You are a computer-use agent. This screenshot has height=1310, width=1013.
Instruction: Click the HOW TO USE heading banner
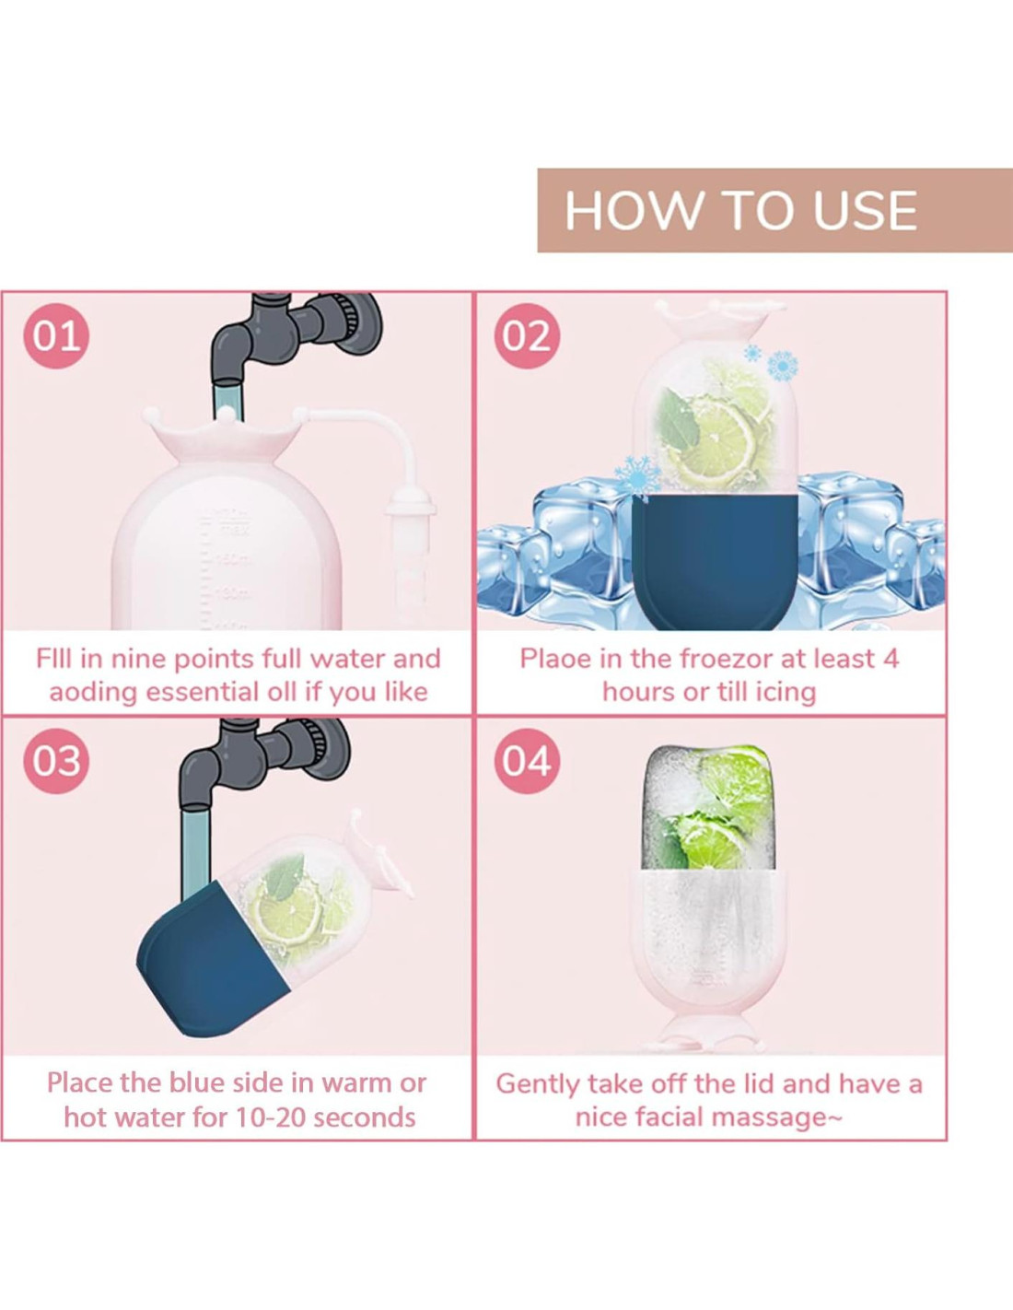coord(775,210)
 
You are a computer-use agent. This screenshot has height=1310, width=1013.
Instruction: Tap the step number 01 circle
coord(56,336)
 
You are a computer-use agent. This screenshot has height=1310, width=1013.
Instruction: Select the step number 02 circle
coord(527,336)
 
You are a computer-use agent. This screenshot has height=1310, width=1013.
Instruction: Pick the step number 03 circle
coord(56,761)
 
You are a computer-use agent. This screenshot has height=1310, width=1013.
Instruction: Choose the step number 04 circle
coord(527,761)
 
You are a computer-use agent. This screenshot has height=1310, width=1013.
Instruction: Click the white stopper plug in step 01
coord(411,511)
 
